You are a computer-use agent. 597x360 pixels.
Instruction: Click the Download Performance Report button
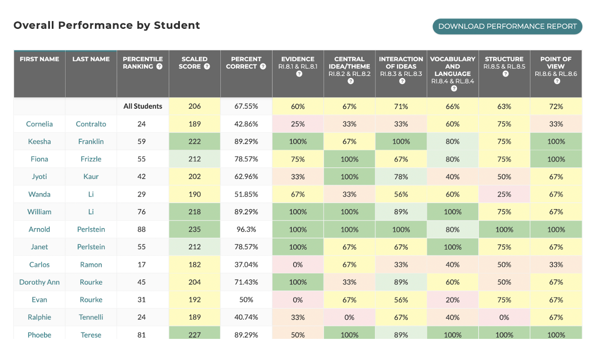[x=507, y=26]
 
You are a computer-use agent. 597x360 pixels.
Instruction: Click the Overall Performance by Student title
[x=107, y=25]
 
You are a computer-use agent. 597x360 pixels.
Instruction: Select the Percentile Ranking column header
[x=142, y=63]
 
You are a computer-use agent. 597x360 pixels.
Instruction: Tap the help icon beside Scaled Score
[x=207, y=66]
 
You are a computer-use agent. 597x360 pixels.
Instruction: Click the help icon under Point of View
[x=556, y=81]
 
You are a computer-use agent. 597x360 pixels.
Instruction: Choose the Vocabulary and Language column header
[x=452, y=70]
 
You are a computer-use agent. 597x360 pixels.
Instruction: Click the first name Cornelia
[x=39, y=124]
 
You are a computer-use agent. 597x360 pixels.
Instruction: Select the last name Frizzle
[x=91, y=159]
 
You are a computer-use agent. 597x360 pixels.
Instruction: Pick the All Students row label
[x=142, y=106]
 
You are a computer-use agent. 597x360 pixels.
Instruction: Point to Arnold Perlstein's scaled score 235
[x=194, y=229]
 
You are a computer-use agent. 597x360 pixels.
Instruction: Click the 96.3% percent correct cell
[x=246, y=229]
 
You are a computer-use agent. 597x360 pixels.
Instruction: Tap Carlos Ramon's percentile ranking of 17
[x=142, y=265]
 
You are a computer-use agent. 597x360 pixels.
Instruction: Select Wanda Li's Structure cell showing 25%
[x=504, y=194]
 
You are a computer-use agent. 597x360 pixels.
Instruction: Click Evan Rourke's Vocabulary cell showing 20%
[x=452, y=300]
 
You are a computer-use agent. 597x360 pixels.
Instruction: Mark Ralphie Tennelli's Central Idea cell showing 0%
[x=349, y=317]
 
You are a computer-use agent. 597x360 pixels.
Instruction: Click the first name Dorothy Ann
[x=39, y=282]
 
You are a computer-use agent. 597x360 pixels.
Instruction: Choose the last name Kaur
[x=91, y=177]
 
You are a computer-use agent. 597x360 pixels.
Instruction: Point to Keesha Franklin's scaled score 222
[x=194, y=142]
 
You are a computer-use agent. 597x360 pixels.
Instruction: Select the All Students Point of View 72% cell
[x=556, y=106]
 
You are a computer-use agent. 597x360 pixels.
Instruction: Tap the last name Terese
[x=91, y=335]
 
